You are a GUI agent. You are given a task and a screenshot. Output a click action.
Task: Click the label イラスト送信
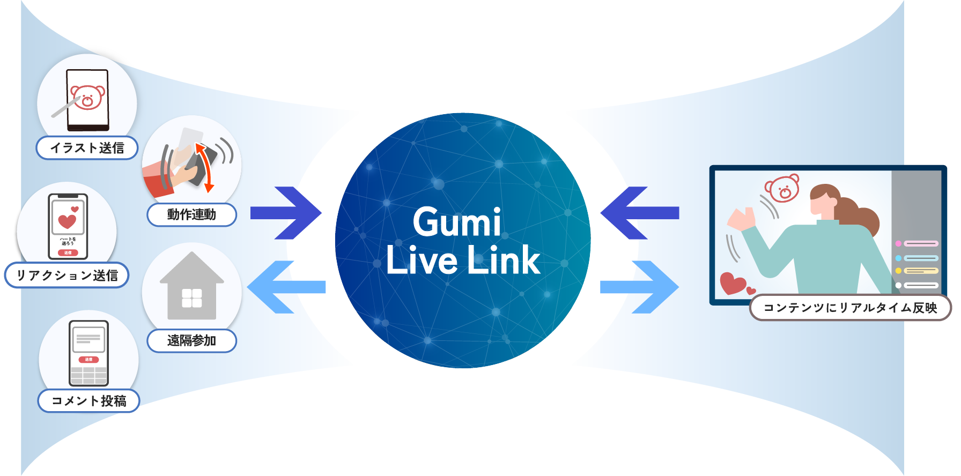(x=87, y=148)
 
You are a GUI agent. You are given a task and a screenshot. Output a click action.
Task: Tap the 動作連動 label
(x=191, y=214)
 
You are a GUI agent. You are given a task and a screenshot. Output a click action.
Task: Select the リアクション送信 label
(x=67, y=276)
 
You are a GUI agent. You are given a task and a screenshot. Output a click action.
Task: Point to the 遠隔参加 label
(x=191, y=340)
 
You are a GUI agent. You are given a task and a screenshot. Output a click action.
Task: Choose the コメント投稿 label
(x=89, y=401)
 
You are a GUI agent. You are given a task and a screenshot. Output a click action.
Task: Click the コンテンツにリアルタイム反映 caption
(x=850, y=308)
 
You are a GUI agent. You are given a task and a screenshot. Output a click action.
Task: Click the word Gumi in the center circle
(x=457, y=222)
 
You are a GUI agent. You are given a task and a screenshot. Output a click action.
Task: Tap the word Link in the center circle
(x=504, y=261)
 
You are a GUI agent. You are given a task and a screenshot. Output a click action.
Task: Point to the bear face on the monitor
(x=782, y=188)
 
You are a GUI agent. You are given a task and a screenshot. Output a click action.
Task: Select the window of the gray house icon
(x=191, y=297)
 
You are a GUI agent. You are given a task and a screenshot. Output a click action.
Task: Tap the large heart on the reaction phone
(x=67, y=221)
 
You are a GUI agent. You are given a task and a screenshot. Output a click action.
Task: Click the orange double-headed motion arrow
(x=204, y=167)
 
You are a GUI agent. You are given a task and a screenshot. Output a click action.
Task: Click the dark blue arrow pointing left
(x=635, y=213)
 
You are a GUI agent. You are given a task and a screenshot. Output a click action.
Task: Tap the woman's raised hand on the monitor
(x=741, y=219)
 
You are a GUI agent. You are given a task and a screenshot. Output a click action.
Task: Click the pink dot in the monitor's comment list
(x=898, y=244)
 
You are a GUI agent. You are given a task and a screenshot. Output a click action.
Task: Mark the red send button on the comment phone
(x=88, y=359)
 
